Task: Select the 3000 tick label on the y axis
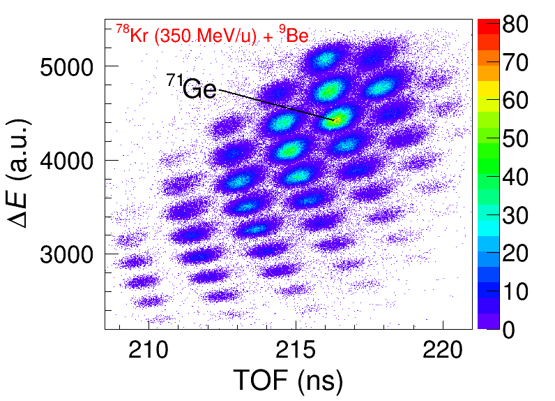pyautogui.click(x=73, y=254)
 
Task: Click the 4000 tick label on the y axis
pyautogui.click(x=73, y=161)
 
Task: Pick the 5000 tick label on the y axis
pyautogui.click(x=73, y=67)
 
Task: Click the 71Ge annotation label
pyautogui.click(x=191, y=87)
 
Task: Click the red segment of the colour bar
pyautogui.click(x=486, y=26)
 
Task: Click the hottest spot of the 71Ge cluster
pyautogui.click(x=337, y=120)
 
